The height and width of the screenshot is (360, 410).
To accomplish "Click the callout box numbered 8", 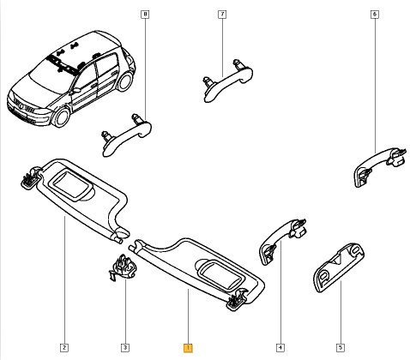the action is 145,15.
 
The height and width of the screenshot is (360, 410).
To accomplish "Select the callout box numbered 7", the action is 222,15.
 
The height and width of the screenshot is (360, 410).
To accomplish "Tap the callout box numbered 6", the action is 375,15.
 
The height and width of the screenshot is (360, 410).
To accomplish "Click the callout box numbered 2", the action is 64,348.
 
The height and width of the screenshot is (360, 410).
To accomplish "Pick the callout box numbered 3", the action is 125,348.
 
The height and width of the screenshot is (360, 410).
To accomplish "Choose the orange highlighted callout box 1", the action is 188,348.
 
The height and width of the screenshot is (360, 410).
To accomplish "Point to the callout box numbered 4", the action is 280,348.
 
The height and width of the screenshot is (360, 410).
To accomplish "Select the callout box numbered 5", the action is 341,348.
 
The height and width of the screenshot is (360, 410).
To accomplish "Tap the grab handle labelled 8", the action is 126,135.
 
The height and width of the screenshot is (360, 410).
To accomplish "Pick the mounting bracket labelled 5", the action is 340,267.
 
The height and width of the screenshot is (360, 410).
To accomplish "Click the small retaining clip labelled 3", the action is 123,267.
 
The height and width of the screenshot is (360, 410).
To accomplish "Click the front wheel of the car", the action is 61,117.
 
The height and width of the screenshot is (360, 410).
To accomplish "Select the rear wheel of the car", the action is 125,81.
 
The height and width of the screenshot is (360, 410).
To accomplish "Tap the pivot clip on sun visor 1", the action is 237,300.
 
